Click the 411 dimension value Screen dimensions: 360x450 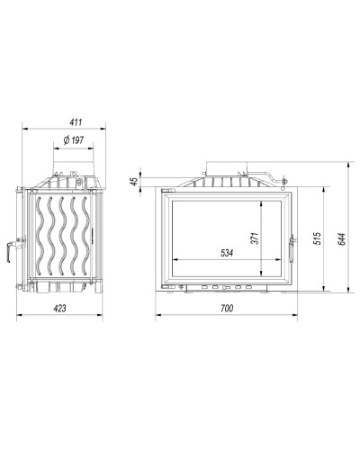76,122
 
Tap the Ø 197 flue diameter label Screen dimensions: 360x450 74,140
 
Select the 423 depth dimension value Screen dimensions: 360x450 59,308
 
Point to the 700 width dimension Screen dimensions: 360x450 227,308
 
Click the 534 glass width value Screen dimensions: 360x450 227,253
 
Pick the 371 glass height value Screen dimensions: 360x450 255,238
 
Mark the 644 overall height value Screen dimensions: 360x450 342,238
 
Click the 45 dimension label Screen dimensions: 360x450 135,181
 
